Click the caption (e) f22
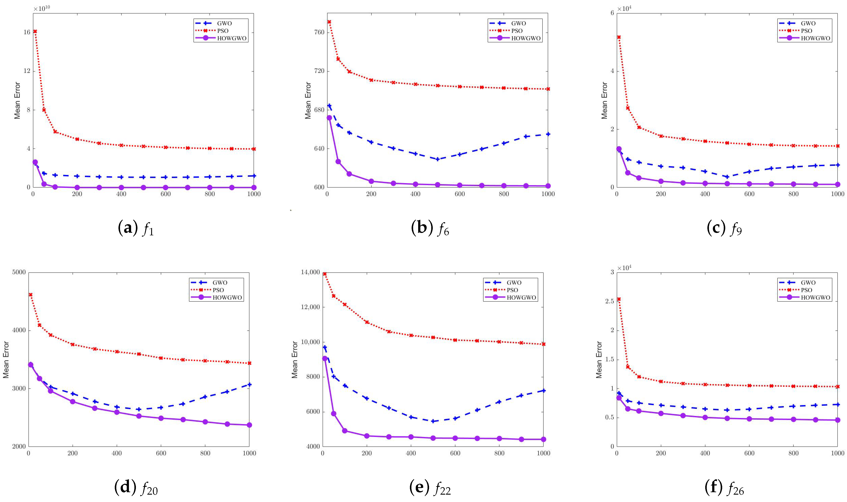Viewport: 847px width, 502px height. click(430, 488)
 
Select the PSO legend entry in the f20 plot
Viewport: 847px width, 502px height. click(218, 290)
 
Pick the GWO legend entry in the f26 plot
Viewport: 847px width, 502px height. click(808, 283)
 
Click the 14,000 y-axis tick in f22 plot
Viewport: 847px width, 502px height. click(310, 272)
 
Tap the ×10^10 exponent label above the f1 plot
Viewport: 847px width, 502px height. click(42, 8)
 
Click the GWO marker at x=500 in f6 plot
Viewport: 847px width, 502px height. click(438, 159)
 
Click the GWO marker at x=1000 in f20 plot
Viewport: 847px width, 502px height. click(249, 385)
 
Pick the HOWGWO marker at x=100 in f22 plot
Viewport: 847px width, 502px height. click(345, 431)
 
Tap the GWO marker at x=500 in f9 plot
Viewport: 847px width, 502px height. click(727, 177)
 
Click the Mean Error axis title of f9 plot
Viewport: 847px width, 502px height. click(604, 101)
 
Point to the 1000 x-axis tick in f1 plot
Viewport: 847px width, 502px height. click(254, 194)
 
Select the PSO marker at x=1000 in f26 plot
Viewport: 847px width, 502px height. click(837, 387)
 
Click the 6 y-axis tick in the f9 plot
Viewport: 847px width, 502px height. click(612, 13)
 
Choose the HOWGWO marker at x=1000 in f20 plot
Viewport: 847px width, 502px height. click(249, 425)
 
